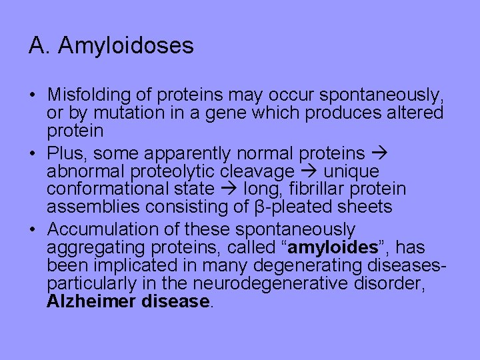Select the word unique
point(351,171)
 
